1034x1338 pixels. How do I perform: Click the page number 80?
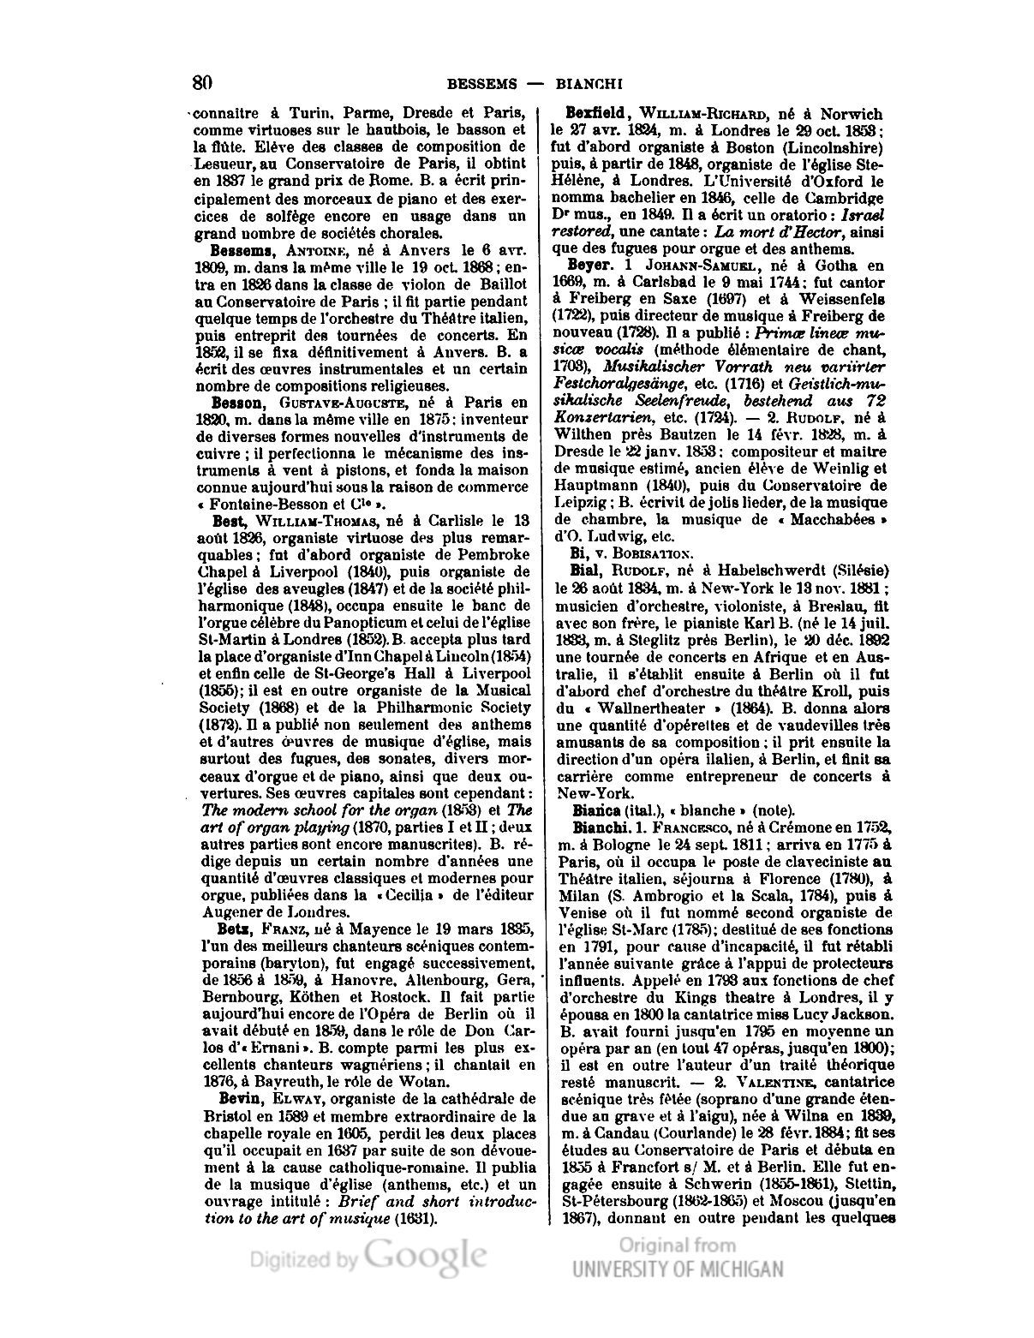(x=202, y=83)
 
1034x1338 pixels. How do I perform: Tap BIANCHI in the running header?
(x=588, y=84)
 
